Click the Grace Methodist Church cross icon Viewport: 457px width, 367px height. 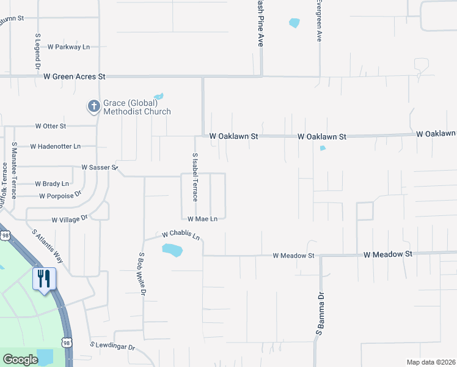point(93,106)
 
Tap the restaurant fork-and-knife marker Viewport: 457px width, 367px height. point(44,279)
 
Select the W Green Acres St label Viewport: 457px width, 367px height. point(75,76)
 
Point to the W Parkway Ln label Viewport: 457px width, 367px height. point(68,47)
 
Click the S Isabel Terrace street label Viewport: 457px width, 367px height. point(195,177)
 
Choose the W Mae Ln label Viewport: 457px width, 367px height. point(202,219)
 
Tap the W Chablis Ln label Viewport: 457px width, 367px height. point(181,234)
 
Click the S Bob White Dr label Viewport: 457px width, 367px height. point(142,274)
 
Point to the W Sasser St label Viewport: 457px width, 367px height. point(99,167)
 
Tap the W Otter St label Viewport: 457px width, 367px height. point(50,126)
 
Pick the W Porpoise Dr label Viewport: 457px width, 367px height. point(60,196)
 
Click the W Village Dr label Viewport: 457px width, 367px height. point(70,218)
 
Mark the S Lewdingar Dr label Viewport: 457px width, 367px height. point(112,347)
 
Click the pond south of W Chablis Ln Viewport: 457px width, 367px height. point(173,250)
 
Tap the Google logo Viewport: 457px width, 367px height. point(20,360)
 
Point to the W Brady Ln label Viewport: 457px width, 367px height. point(52,183)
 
